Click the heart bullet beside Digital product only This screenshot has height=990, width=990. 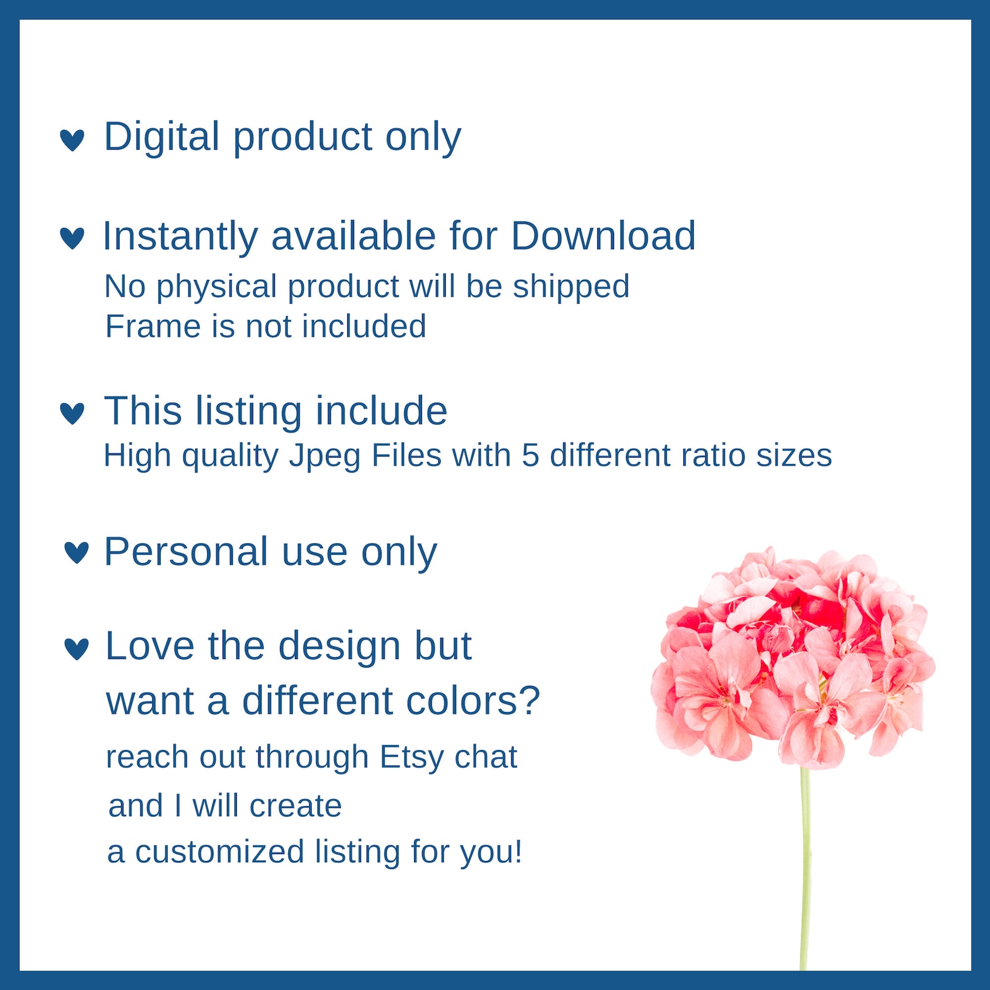(x=72, y=140)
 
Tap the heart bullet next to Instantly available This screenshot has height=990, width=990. (x=72, y=238)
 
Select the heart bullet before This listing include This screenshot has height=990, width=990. (x=72, y=413)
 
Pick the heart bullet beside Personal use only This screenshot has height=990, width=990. (x=77, y=552)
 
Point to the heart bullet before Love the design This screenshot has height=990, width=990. (x=77, y=648)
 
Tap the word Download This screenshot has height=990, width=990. (x=603, y=236)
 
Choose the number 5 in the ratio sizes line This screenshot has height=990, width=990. (x=530, y=455)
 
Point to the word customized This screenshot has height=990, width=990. (x=219, y=852)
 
